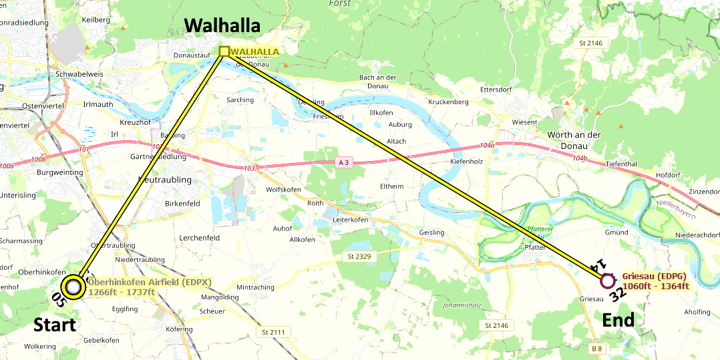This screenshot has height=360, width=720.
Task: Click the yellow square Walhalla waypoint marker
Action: pos(224,51)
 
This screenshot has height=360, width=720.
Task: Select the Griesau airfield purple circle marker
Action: pos(607,281)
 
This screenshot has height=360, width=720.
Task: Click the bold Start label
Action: pos(55,325)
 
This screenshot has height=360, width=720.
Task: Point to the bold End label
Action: pos(618,321)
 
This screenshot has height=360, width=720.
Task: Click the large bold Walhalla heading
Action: pos(222,25)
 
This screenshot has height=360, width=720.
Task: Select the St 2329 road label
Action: pos(359,256)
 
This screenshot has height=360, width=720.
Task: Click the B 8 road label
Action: pos(596,349)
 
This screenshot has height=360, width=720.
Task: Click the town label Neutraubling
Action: pos(164,180)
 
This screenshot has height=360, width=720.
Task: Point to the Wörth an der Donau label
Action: pos(574,140)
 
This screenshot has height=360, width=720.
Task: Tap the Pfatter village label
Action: pos(536,247)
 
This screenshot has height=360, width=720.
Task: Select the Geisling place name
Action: pos(431,232)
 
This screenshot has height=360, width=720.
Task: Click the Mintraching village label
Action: pos(255,287)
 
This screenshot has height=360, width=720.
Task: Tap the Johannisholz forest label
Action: pos(462,306)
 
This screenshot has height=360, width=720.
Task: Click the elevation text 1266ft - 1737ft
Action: pos(122,293)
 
